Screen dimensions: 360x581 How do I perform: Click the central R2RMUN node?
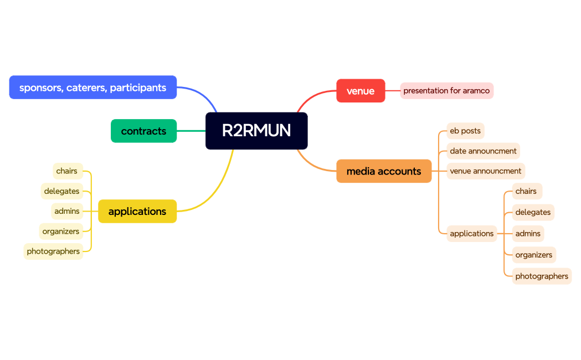point(256,131)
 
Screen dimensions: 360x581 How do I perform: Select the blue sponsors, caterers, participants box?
point(93,88)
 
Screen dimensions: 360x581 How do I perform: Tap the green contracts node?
point(143,131)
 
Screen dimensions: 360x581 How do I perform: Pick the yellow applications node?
point(137,211)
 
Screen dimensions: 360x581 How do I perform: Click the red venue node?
point(361,91)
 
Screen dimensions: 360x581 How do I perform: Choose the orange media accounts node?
point(384,171)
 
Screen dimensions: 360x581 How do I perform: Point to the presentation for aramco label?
point(446,91)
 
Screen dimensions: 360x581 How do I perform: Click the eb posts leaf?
point(465,131)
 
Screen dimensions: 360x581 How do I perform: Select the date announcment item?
point(483,151)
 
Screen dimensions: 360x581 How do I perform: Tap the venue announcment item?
point(486,171)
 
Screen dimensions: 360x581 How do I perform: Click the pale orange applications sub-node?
point(471,234)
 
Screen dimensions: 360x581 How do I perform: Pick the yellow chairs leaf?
point(67,171)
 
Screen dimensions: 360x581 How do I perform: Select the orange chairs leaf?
point(526,191)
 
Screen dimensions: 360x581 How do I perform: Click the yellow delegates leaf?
point(61,191)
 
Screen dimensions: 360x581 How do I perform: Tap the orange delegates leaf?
point(533,212)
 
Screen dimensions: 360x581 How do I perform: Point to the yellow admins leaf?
point(67,211)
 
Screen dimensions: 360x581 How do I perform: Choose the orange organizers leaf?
point(534,255)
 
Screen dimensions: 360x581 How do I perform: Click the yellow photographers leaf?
point(53,251)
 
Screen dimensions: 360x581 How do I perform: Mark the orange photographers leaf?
point(542,276)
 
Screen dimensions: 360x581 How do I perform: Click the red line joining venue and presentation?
point(393,91)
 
